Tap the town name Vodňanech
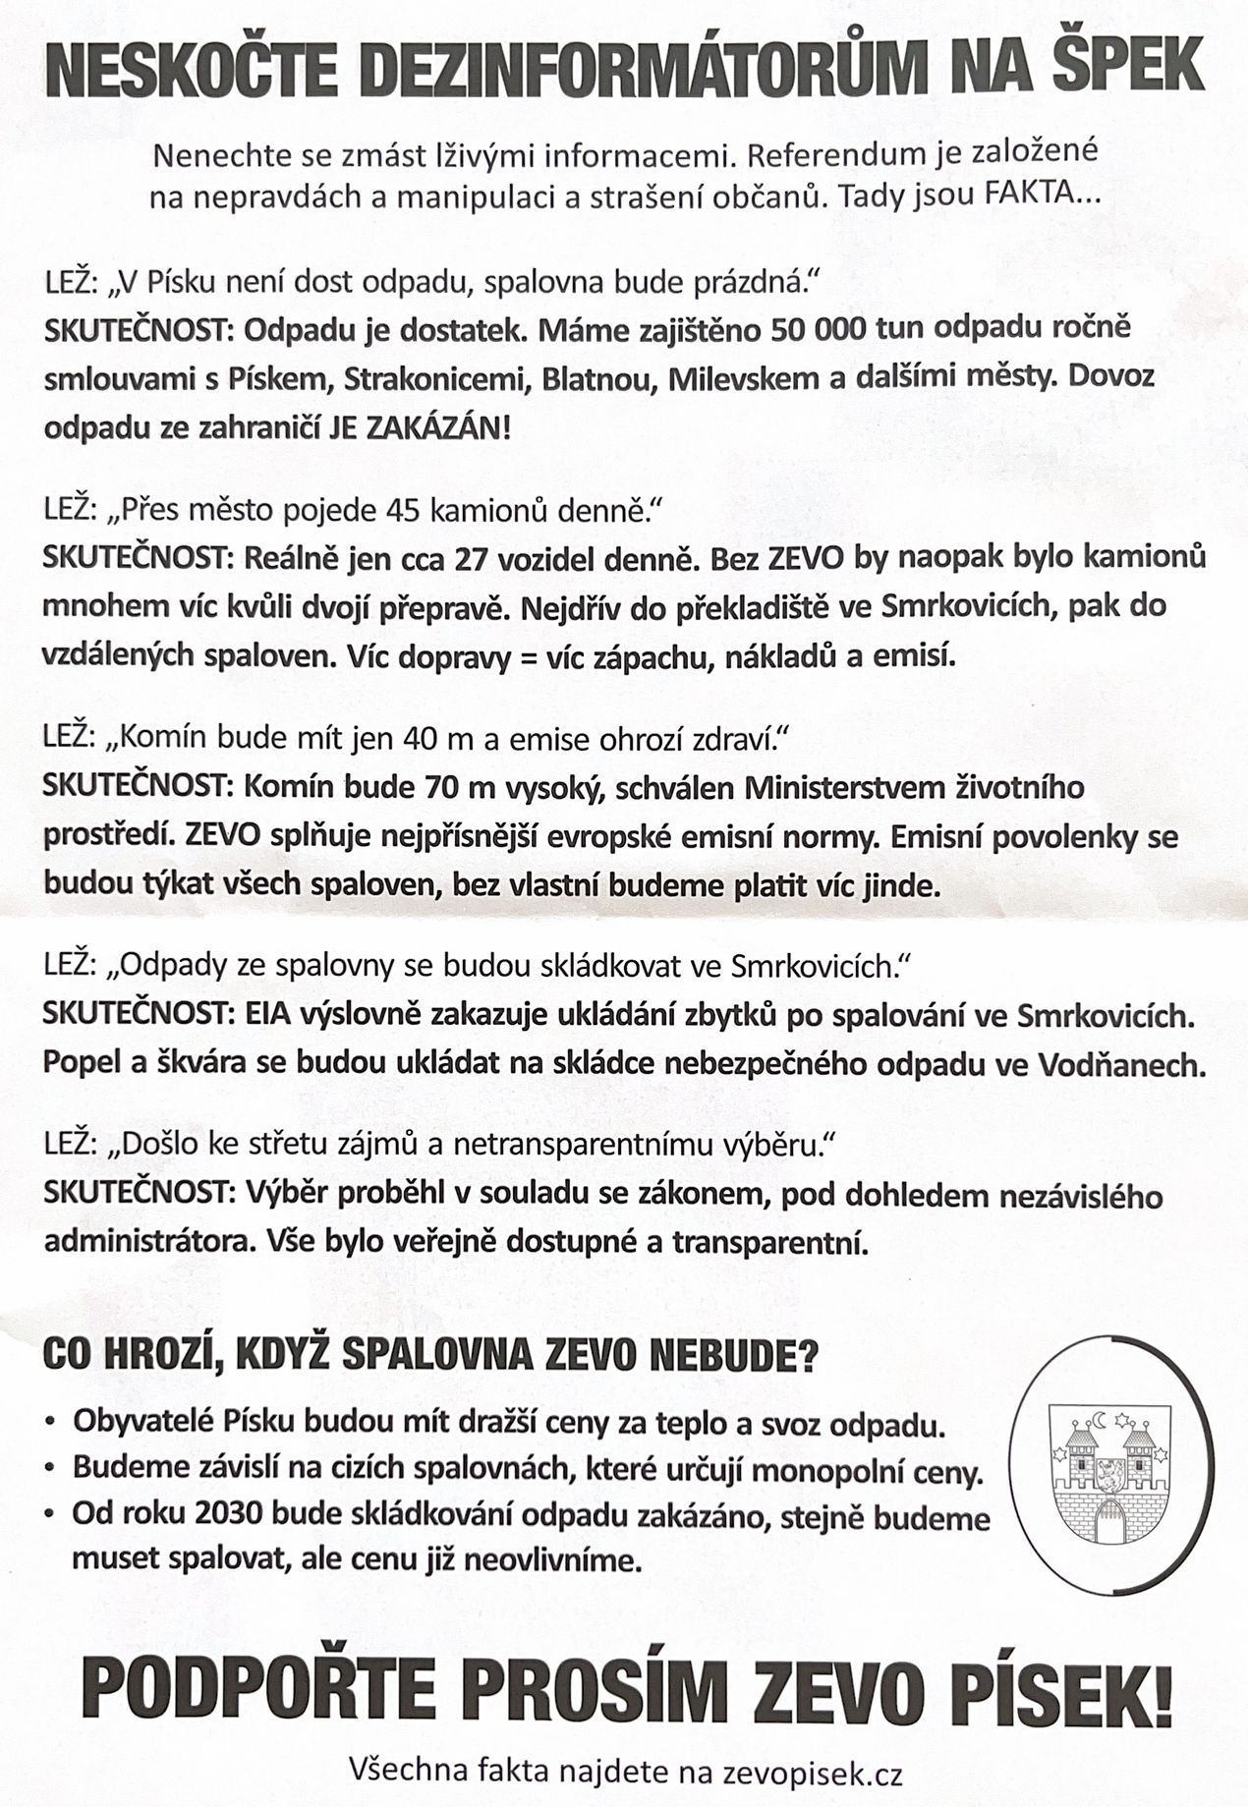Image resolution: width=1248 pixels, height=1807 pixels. click(x=1121, y=1065)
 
